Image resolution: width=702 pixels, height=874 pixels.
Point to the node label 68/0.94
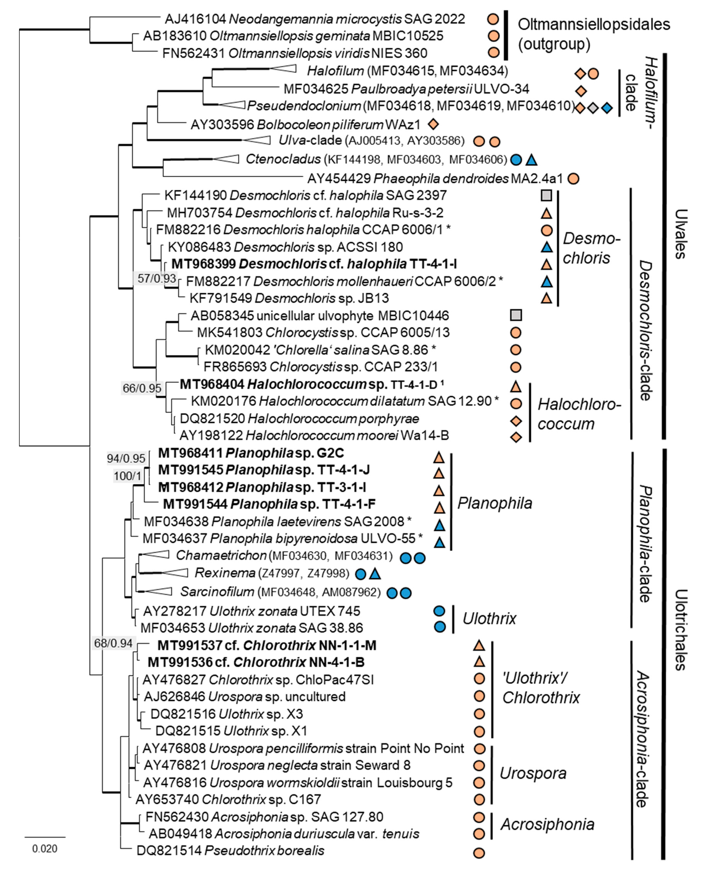(113, 643)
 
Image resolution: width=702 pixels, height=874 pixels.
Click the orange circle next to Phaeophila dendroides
(573, 178)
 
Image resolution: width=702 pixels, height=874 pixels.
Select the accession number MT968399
(204, 264)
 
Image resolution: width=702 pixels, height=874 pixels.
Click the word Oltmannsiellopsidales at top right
(594, 24)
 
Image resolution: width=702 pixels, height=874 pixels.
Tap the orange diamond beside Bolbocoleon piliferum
(433, 124)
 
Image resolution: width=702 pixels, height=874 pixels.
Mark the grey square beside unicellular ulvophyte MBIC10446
(516, 315)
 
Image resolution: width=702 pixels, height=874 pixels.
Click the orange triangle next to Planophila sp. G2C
(439, 458)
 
